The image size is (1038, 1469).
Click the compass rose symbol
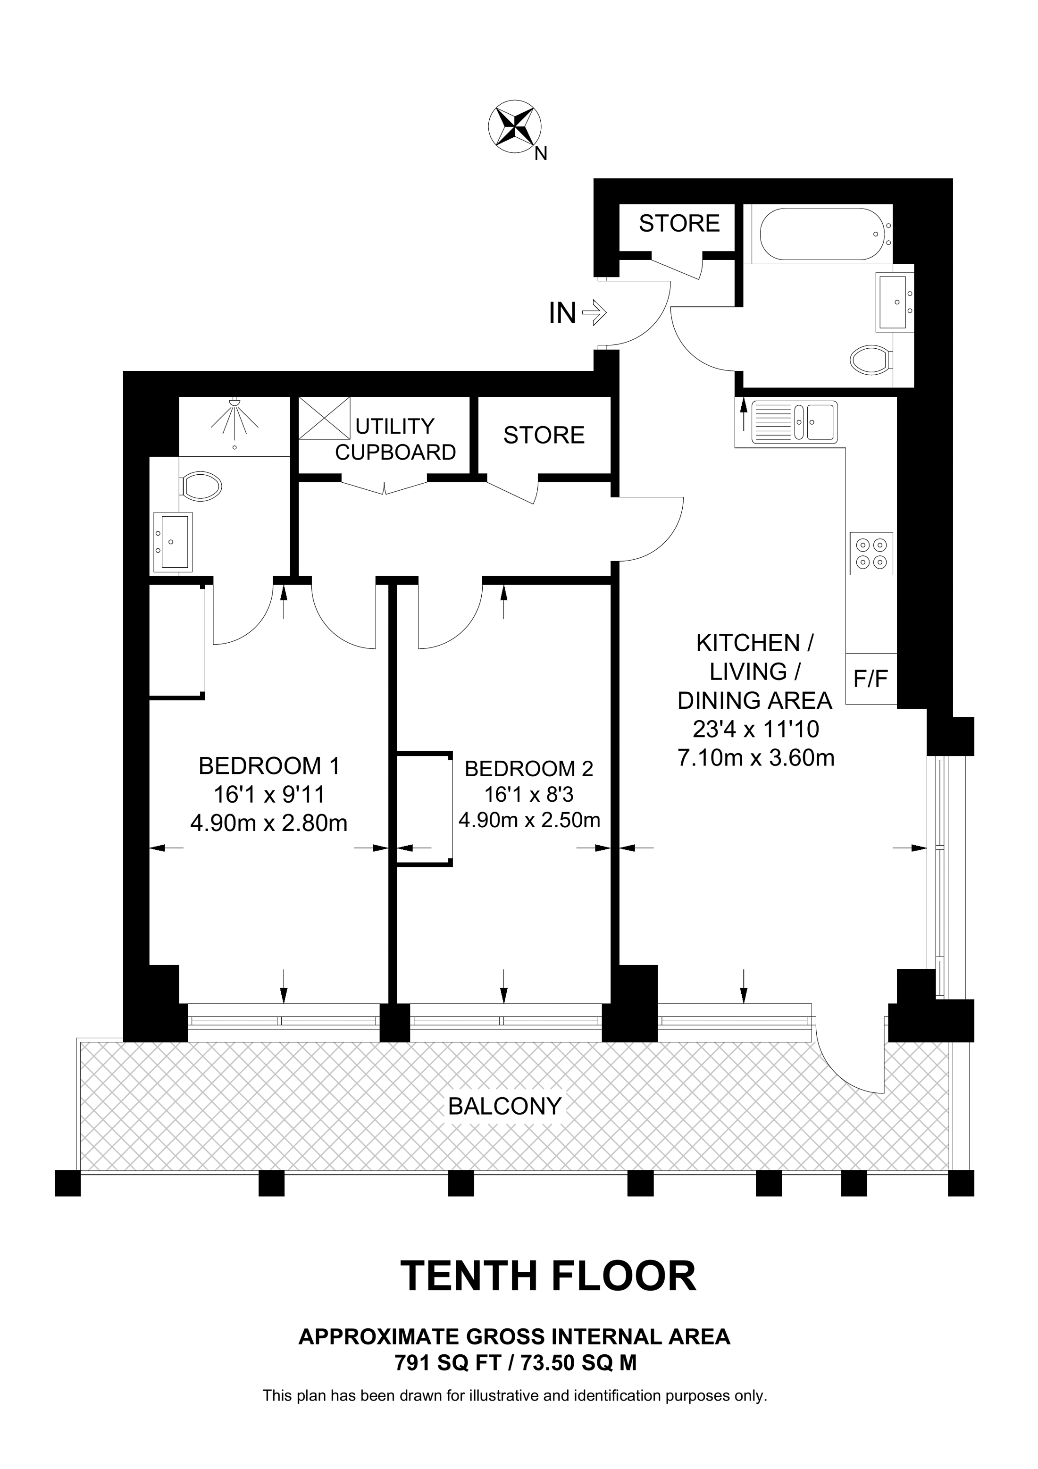(x=515, y=126)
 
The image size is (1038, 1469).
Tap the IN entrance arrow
(x=594, y=313)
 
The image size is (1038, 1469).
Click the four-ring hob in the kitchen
(x=871, y=554)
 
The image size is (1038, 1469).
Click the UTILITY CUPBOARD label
(x=395, y=439)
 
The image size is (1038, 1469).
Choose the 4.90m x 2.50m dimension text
(x=529, y=820)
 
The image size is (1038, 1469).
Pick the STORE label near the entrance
(x=679, y=223)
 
